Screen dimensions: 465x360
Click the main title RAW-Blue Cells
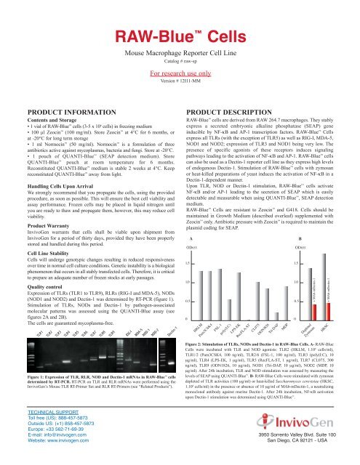[x=180, y=15]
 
